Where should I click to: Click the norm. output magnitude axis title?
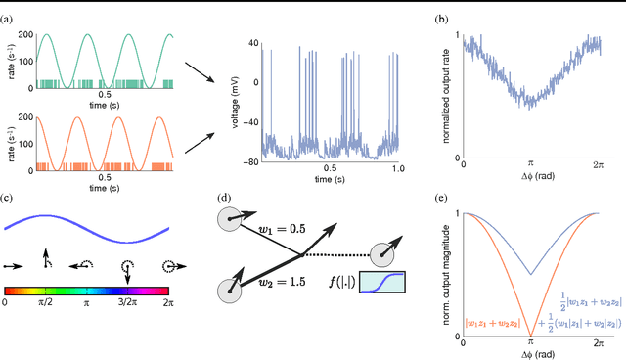tap(449, 275)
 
